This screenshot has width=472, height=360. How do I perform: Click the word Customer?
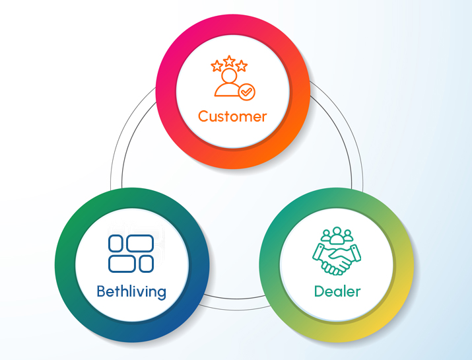232,117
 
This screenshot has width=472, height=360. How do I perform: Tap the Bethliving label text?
131,291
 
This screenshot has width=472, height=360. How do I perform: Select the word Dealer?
337,291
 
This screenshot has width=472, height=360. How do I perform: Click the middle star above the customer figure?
229,62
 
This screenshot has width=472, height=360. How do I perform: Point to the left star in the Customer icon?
217,66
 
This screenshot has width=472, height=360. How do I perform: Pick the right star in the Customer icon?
242,66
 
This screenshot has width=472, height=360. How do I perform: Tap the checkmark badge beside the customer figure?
247,92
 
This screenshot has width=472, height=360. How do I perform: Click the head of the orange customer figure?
228,77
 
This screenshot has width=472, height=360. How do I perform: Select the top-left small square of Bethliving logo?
116,243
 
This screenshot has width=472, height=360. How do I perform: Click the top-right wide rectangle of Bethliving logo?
139,243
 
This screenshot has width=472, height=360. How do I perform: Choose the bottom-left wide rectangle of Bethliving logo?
122,264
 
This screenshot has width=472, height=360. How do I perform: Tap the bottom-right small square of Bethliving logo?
146,264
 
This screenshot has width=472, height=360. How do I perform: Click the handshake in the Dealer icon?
337,259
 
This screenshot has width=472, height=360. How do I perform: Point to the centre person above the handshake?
337,233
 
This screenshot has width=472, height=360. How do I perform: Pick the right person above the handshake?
349,236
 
